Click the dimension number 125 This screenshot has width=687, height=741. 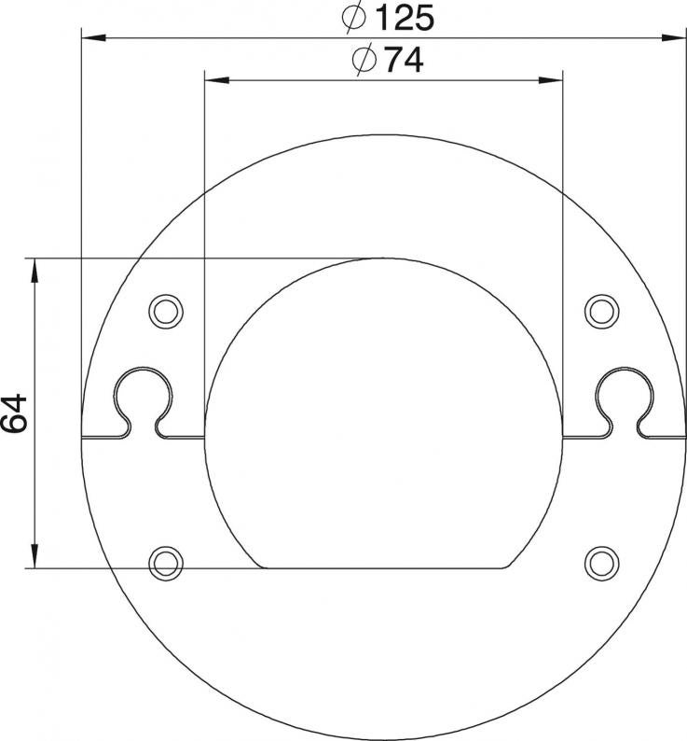tap(406, 18)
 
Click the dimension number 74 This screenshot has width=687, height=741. tap(405, 60)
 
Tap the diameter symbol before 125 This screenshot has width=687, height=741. tap(354, 18)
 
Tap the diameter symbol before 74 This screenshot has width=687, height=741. tap(364, 60)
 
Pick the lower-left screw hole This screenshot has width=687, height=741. tap(166, 563)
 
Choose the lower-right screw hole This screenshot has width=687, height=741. tap(602, 563)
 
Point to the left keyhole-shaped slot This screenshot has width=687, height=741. tap(143, 368)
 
